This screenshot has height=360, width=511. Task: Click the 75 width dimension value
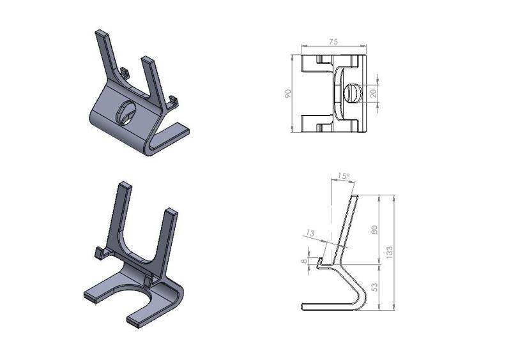(x=333, y=41)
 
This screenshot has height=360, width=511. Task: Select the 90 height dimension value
(x=289, y=94)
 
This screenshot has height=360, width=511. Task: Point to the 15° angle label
(x=344, y=176)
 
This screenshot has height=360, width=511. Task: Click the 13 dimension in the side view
(x=310, y=234)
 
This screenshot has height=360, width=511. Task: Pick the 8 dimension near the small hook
(x=305, y=261)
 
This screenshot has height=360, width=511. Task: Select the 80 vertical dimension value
(x=376, y=229)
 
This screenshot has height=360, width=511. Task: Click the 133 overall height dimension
(x=390, y=252)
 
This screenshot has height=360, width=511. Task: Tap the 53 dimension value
(x=376, y=287)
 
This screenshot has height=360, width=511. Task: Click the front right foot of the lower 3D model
(x=140, y=319)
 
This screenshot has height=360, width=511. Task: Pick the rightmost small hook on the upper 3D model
(x=172, y=101)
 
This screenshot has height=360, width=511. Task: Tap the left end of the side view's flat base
(x=303, y=308)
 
